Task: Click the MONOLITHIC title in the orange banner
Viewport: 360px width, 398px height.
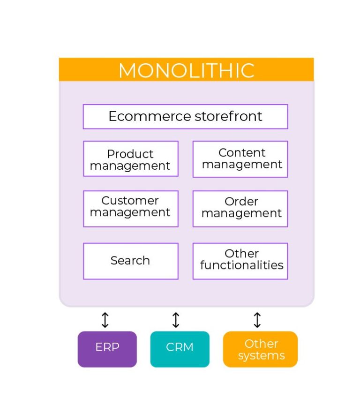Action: point(186,70)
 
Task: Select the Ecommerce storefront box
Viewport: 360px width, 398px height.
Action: point(185,116)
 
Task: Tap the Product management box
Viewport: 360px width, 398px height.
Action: point(130,159)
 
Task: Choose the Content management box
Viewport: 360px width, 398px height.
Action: point(240,159)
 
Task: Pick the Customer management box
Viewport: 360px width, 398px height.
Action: point(130,209)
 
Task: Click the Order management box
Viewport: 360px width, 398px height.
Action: point(240,209)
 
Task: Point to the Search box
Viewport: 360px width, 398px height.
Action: point(130,261)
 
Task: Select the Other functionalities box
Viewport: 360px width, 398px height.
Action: point(240,261)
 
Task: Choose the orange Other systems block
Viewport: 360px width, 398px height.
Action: point(260,349)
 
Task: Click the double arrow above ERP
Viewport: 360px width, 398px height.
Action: point(105,320)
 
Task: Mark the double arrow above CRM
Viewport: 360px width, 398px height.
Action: point(176,320)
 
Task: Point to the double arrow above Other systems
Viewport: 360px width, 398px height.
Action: point(257,320)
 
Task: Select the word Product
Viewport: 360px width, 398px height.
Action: point(130,154)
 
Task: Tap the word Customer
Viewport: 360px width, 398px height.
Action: point(130,201)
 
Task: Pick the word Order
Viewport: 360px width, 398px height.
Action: point(241,202)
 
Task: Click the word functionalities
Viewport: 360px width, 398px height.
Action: point(242,265)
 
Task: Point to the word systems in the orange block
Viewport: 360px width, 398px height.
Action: point(261,356)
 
